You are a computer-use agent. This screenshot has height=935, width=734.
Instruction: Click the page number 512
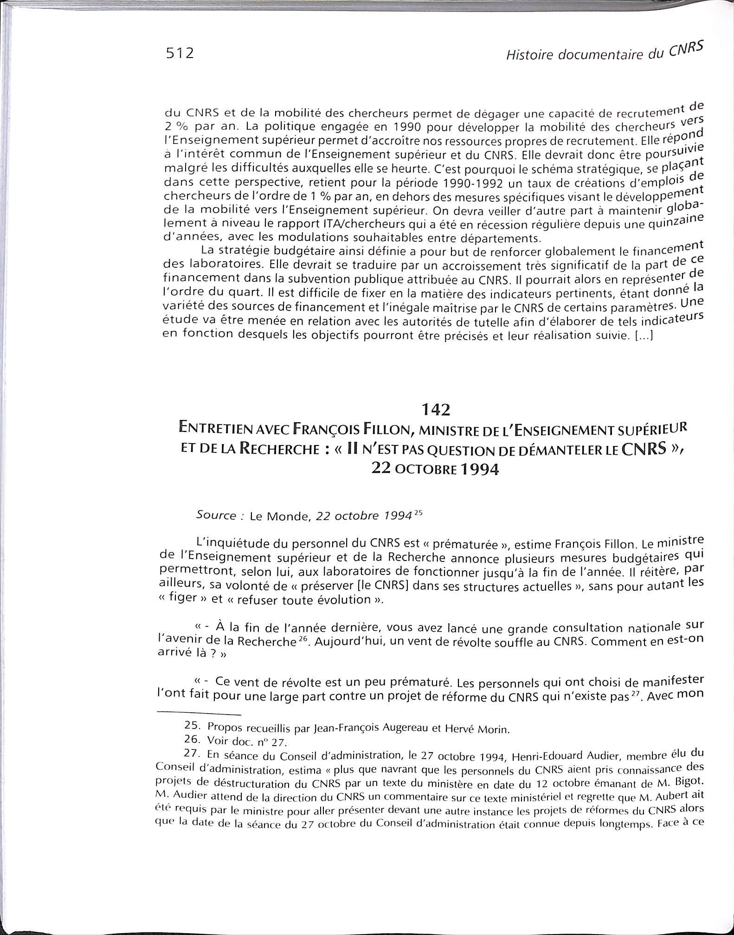pos(180,53)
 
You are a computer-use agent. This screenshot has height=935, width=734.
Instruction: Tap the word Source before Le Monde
pos(216,515)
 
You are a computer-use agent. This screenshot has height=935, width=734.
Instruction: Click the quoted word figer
pos(185,597)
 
